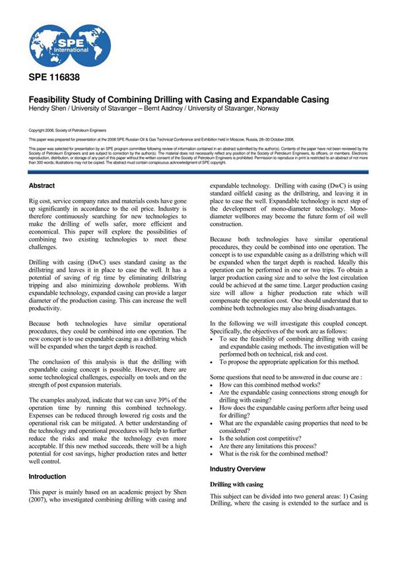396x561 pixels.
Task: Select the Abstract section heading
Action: tap(42, 186)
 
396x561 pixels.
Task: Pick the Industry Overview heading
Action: tap(238, 469)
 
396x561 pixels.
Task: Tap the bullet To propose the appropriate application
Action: tap(288, 362)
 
